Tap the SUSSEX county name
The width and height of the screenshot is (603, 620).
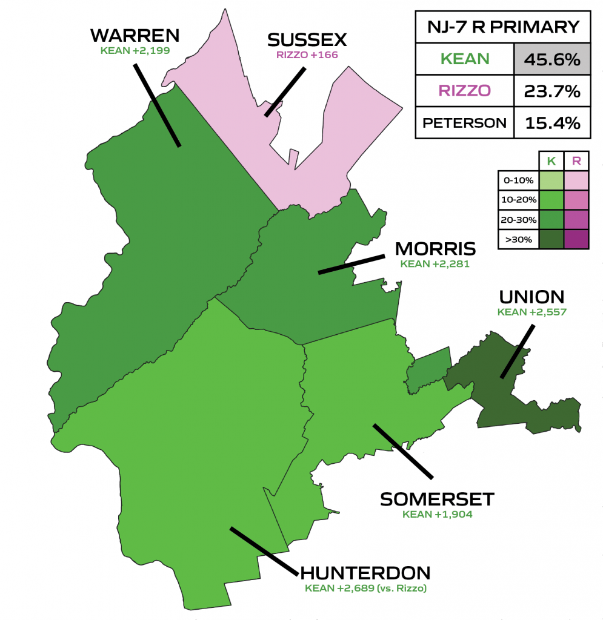tap(307, 41)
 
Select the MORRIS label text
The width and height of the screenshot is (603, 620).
tap(435, 249)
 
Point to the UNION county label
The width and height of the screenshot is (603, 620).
tap(531, 297)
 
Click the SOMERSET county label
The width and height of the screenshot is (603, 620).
tap(437, 500)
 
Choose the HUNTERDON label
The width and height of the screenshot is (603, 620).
tap(365, 573)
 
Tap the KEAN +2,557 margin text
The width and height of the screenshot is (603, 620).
tap(531, 312)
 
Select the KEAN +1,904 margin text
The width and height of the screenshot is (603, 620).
tap(437, 515)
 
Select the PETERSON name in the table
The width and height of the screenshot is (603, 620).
tap(464, 123)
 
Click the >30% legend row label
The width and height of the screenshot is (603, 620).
tap(517, 239)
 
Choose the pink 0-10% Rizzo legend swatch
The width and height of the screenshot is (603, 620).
tap(576, 180)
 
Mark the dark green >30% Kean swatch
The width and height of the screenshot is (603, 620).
tap(551, 239)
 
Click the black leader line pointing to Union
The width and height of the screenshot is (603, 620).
tap(517, 351)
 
